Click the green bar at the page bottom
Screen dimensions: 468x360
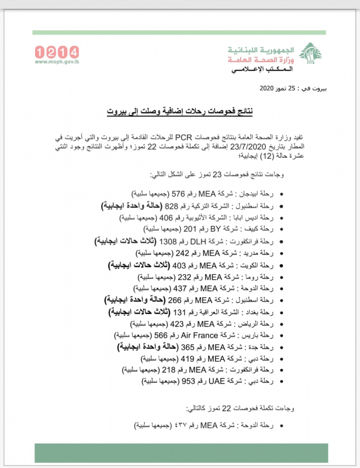[x=180, y=453]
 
